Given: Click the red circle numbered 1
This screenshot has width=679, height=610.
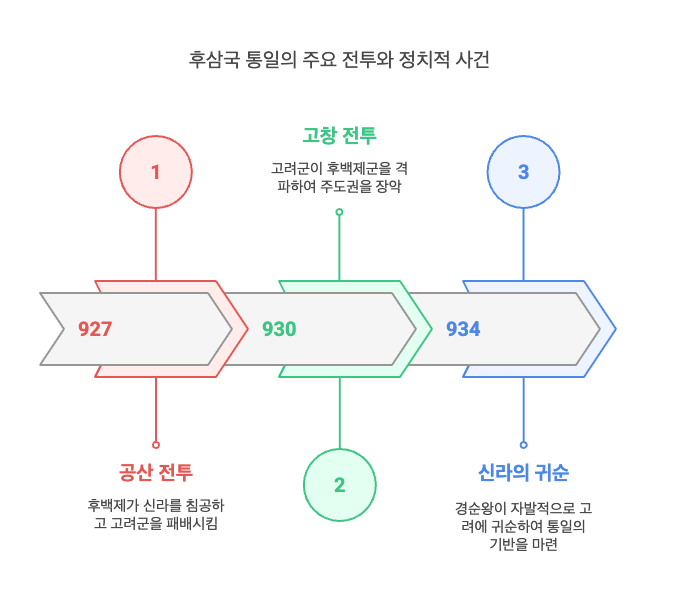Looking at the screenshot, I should pyautogui.click(x=155, y=172).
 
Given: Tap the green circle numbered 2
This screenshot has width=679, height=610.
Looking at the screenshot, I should pyautogui.click(x=339, y=485).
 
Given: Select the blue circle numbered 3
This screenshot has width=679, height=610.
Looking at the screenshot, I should pyautogui.click(x=523, y=172).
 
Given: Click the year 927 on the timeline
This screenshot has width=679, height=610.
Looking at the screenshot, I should pyautogui.click(x=95, y=329).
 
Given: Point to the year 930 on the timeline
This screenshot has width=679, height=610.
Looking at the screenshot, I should pyautogui.click(x=279, y=329).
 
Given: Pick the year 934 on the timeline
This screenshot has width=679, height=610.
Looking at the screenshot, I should pyautogui.click(x=463, y=329).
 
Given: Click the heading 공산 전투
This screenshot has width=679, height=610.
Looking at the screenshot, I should pyautogui.click(x=155, y=472).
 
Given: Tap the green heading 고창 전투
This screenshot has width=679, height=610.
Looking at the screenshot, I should pyautogui.click(x=339, y=135).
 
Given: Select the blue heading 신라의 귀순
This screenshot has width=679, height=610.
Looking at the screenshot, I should pyautogui.click(x=523, y=472).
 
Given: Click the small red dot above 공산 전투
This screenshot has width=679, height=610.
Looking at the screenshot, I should pyautogui.click(x=155, y=445).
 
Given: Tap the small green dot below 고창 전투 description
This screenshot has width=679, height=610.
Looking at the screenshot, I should pyautogui.click(x=339, y=212).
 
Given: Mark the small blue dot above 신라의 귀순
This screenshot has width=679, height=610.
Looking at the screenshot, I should pyautogui.click(x=523, y=445).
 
